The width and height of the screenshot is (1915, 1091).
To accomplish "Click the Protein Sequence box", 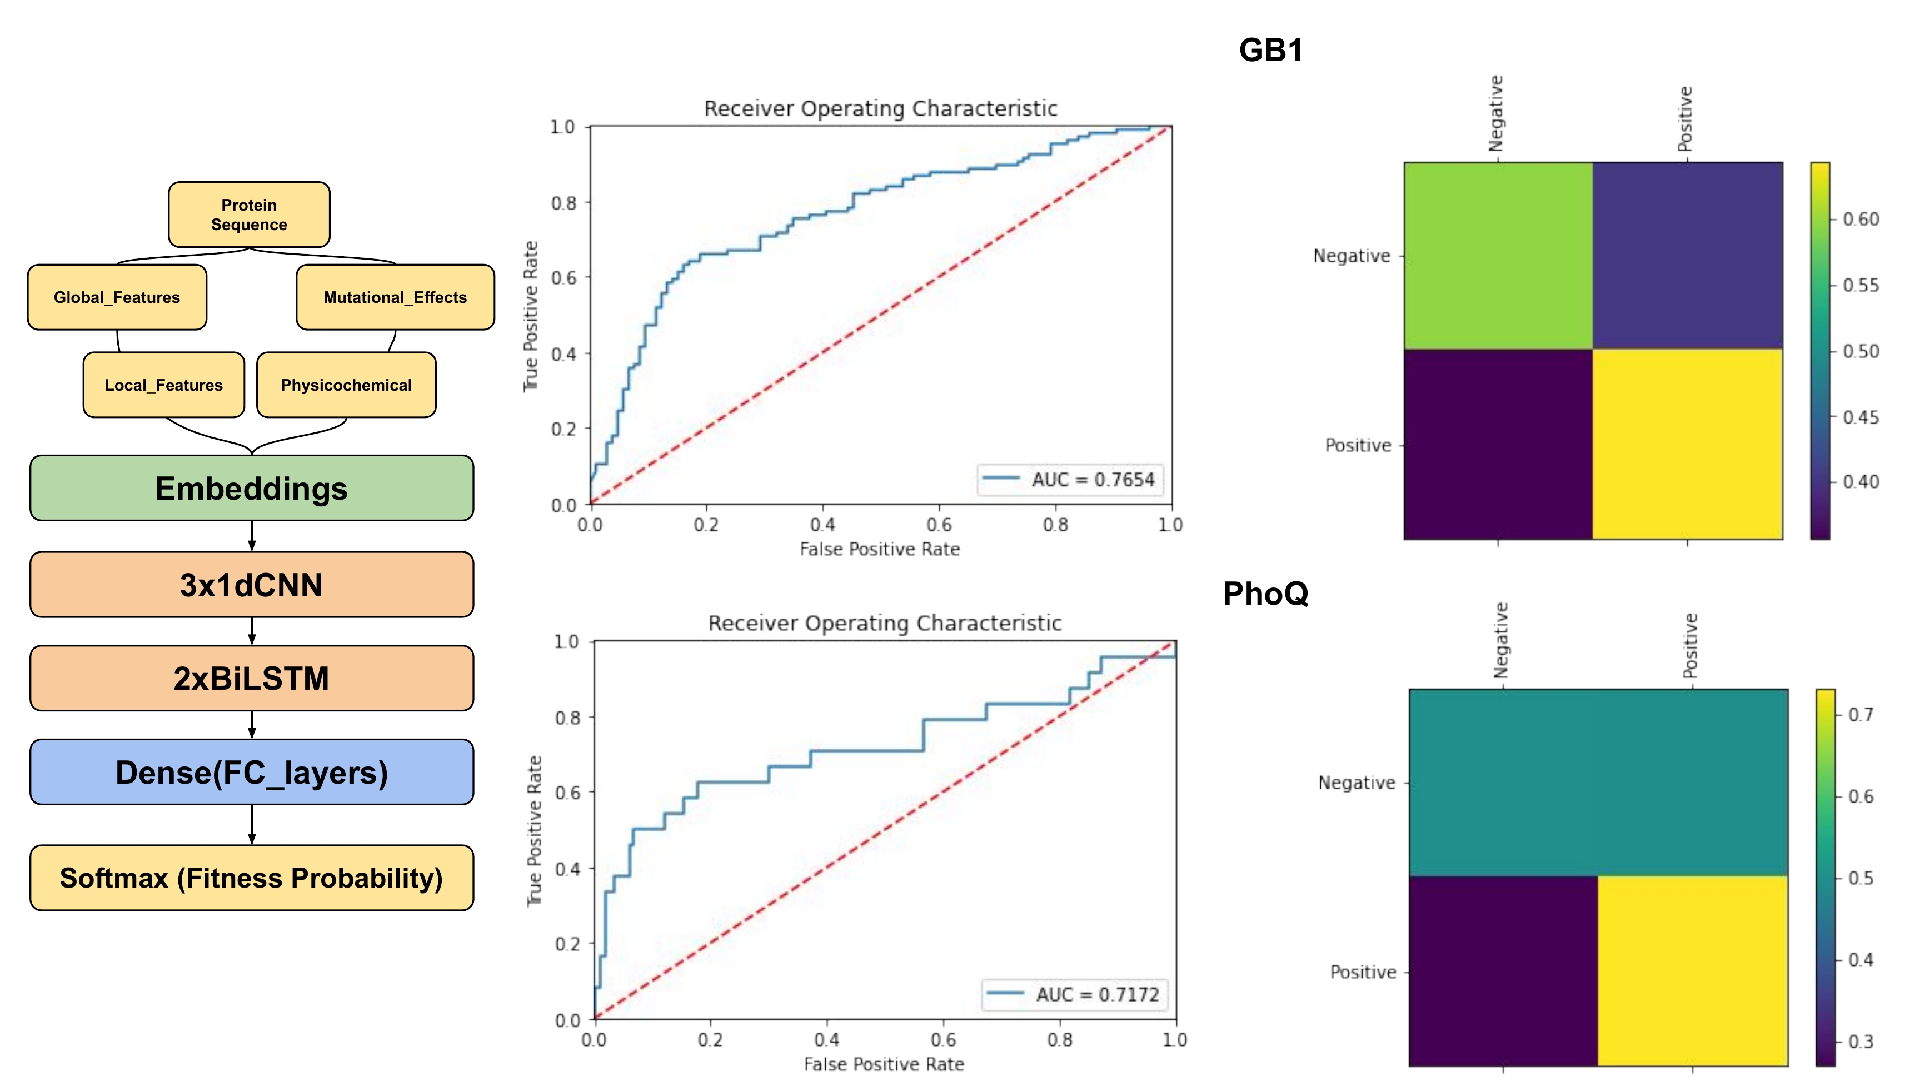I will point(249,215).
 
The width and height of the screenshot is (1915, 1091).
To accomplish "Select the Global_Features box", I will point(117,297).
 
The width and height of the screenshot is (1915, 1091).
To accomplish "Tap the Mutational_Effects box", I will point(395,297).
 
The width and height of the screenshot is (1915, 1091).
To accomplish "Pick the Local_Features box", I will point(163,385).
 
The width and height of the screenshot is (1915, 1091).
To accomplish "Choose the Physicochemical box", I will point(346,385).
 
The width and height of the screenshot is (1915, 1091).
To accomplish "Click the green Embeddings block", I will point(252,489).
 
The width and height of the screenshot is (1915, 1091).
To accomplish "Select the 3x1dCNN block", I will point(252,585).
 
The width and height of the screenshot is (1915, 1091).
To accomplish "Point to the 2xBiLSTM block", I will point(252,678).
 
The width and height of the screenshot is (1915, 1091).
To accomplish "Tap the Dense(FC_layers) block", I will point(252,773).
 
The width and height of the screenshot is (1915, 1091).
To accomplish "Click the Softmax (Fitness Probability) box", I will point(252,878).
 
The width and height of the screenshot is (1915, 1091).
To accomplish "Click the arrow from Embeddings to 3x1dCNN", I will point(252,536).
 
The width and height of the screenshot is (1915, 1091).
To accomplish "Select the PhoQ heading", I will point(1265,594).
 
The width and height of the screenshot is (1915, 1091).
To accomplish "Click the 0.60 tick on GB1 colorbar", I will point(1861,220).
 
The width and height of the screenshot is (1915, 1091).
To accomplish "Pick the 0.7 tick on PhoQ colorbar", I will point(1861,715).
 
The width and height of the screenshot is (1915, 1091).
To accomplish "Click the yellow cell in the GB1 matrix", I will point(1687,444).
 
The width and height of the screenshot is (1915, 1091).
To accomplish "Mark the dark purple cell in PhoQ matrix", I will point(1503,971).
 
